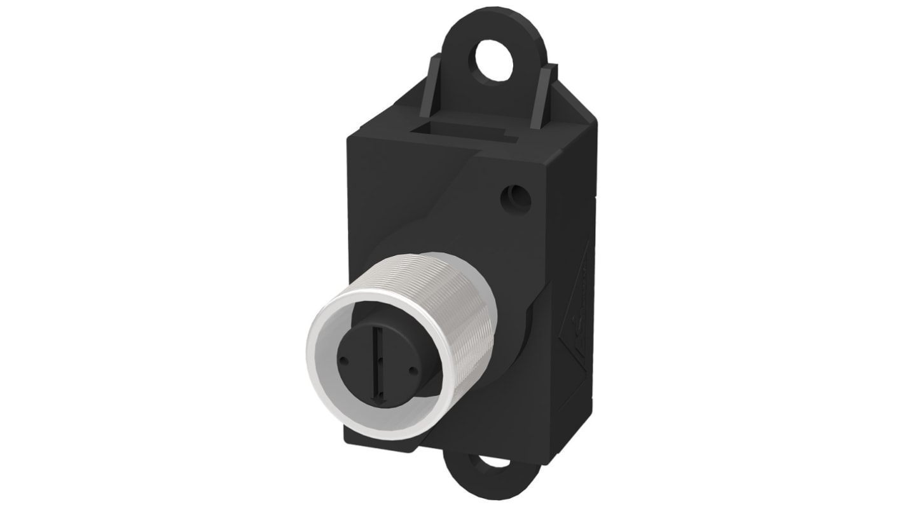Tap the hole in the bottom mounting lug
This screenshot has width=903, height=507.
click(x=493, y=461)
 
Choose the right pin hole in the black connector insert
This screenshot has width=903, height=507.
click(x=413, y=369)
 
